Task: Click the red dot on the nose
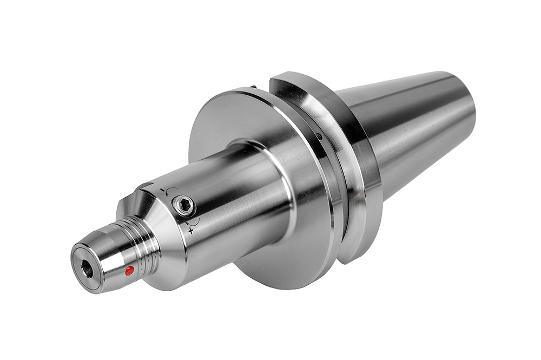click(x=129, y=271)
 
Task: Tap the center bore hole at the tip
click(x=87, y=266)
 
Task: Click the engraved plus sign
click(x=190, y=231)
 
